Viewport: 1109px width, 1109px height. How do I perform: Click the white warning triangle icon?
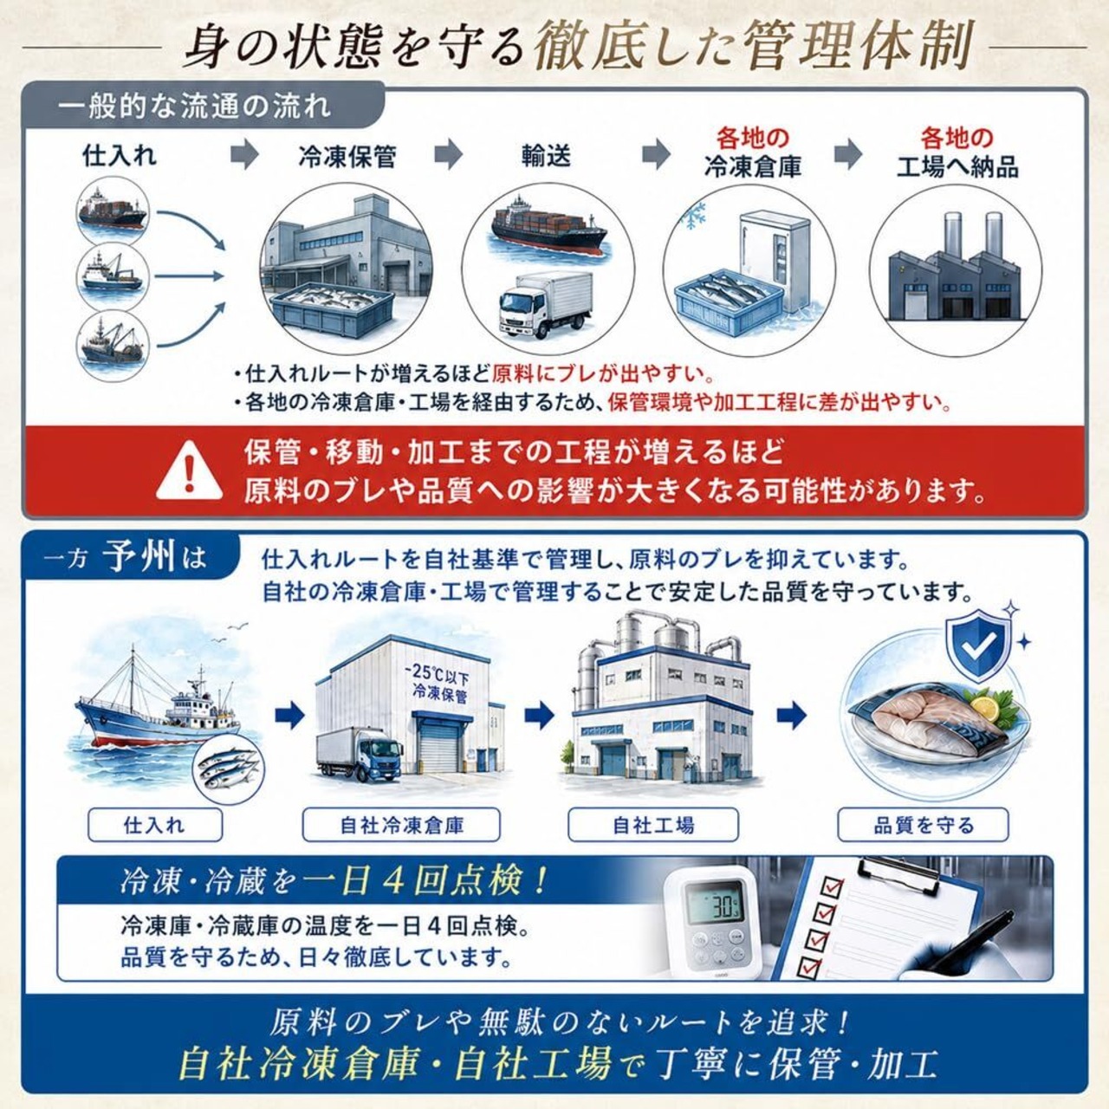[190, 471]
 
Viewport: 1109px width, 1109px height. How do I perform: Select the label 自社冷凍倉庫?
[401, 826]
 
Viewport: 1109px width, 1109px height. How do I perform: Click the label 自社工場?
[653, 826]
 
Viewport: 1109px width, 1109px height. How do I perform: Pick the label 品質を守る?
[923, 826]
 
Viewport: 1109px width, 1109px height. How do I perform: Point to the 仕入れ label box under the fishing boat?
[155, 826]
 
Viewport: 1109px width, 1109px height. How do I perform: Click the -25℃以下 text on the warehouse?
[437, 671]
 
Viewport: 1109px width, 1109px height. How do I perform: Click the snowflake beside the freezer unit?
[694, 217]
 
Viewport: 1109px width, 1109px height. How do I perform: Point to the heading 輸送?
[546, 156]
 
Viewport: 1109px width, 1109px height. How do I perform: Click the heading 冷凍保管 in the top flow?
[347, 156]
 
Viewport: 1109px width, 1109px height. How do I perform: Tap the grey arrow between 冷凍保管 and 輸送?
[448, 154]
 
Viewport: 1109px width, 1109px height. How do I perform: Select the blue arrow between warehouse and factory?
[539, 716]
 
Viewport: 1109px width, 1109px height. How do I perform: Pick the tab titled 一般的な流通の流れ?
[196, 107]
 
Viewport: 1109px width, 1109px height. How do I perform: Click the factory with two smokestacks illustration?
[955, 269]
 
